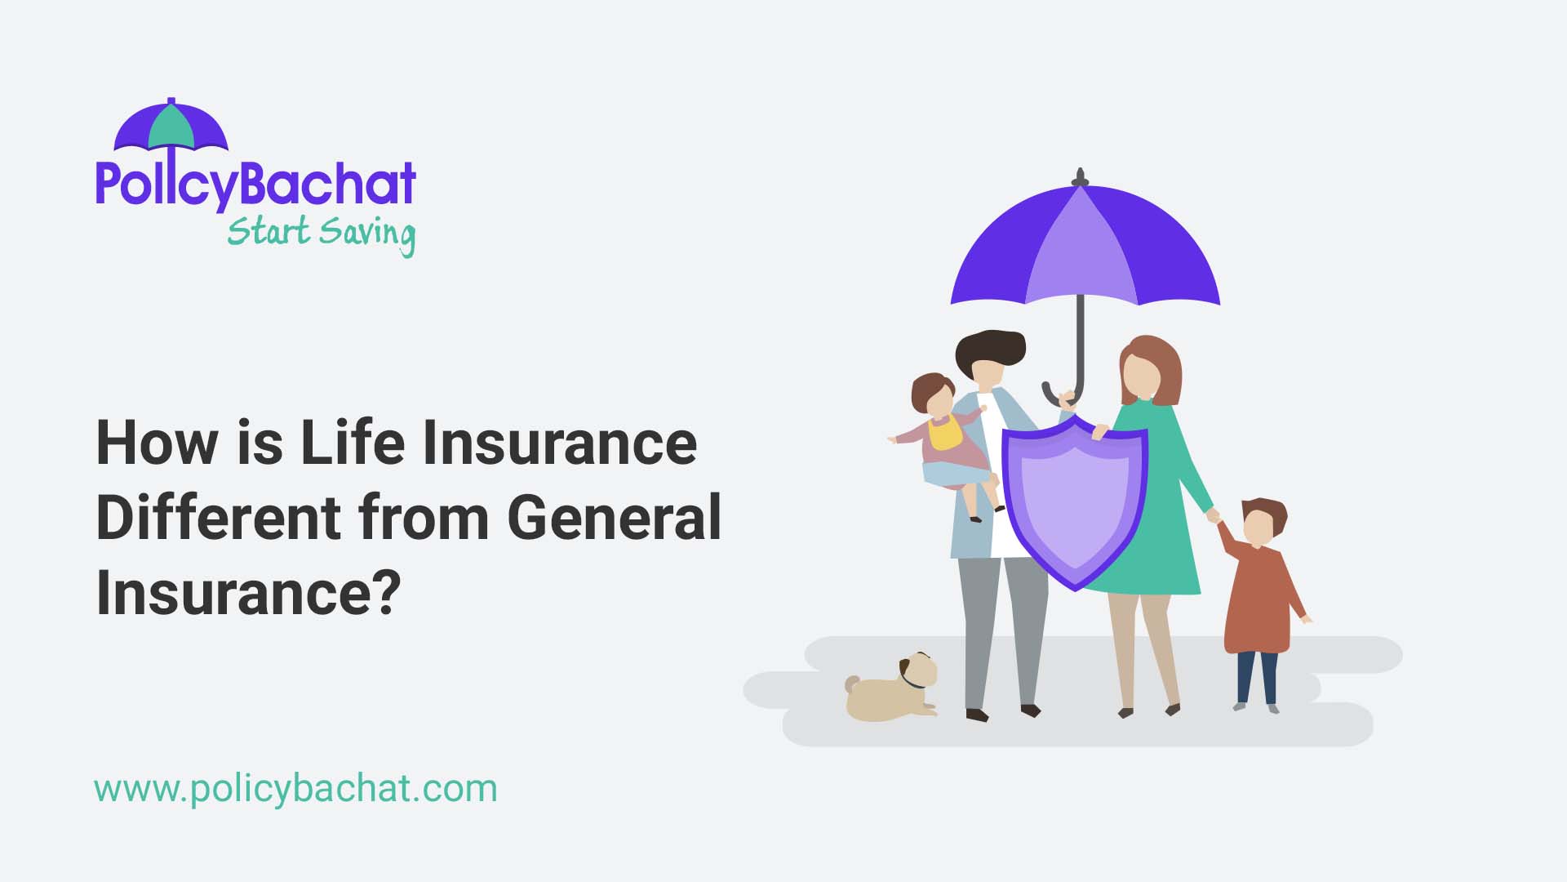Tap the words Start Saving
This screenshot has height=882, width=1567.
coord(321,233)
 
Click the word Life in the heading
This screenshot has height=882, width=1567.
coord(353,443)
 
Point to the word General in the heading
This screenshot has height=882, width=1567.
coord(615,518)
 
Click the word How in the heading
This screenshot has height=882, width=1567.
coord(158,443)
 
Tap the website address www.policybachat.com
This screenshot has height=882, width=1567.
coord(295,789)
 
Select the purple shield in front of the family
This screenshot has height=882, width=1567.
coord(1075,503)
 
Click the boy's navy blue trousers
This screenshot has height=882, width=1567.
coord(1257,677)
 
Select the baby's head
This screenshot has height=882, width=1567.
coord(934,396)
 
